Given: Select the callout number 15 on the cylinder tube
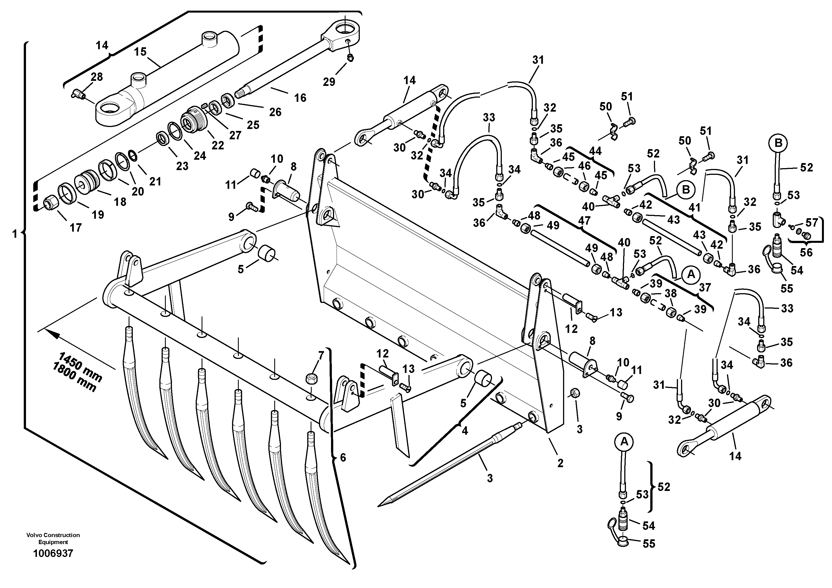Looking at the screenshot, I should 140,52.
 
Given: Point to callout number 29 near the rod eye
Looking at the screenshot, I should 329,82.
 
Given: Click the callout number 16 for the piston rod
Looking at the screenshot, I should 300,98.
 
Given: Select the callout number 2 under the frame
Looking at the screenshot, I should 560,463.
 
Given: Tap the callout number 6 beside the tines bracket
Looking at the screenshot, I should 343,457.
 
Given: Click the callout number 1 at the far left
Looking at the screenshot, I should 15,234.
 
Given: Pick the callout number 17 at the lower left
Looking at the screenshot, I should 75,228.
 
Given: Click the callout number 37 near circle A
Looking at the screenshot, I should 705,288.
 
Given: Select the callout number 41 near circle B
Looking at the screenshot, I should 694,208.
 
